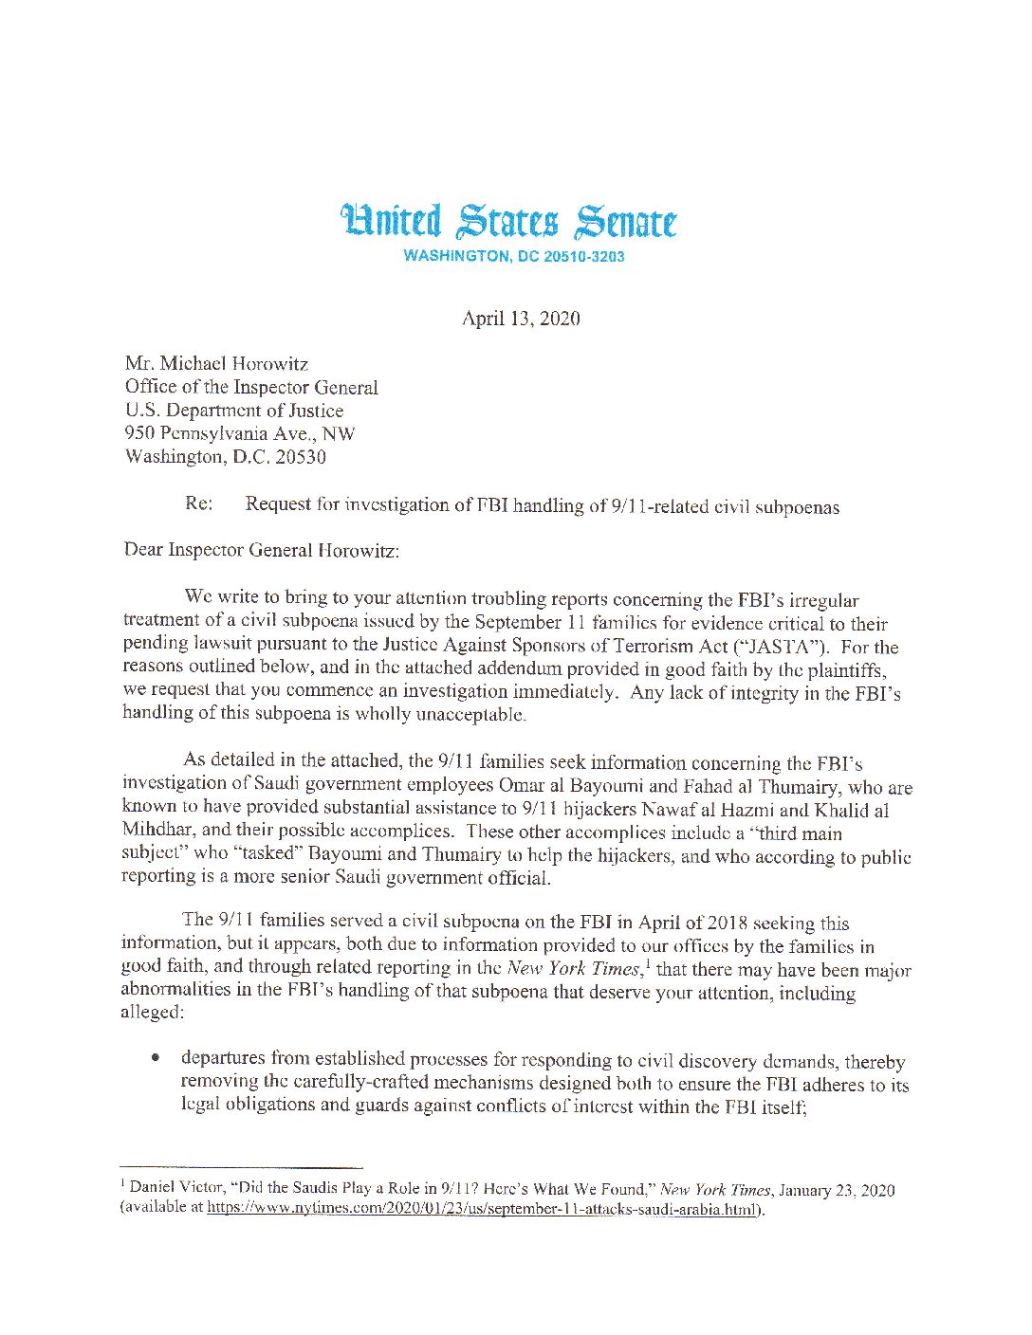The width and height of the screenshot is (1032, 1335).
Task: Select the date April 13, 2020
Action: coord(521,319)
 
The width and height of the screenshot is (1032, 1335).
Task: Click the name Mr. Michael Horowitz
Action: coord(216,364)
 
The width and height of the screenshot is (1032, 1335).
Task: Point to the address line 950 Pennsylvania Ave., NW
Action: coord(239,433)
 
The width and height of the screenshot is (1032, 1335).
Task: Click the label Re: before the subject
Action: coord(199,503)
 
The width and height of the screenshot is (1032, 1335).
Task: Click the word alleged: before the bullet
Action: coord(151,1012)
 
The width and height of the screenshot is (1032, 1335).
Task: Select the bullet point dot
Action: coord(155,1059)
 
